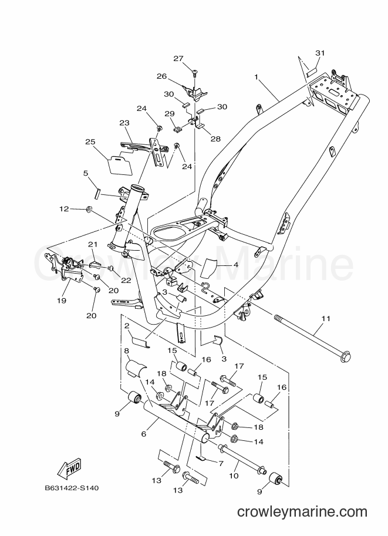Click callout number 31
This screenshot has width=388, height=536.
(320, 53)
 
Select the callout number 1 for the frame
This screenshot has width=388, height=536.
(257, 77)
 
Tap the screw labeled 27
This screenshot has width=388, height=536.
(195, 72)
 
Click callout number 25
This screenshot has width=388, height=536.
(90, 142)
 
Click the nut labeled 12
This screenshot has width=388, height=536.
(89, 208)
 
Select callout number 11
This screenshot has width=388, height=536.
(326, 319)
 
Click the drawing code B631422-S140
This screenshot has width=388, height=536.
(72, 488)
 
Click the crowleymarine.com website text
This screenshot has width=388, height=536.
(302, 512)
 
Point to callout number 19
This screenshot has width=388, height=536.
(62, 301)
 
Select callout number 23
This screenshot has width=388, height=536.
(125, 123)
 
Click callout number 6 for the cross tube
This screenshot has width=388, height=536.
(144, 434)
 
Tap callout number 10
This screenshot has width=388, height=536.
(234, 476)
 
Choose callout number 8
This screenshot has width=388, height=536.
(126, 350)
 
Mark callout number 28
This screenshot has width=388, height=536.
(215, 139)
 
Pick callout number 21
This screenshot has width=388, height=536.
(93, 244)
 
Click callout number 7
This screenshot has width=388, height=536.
(221, 463)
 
